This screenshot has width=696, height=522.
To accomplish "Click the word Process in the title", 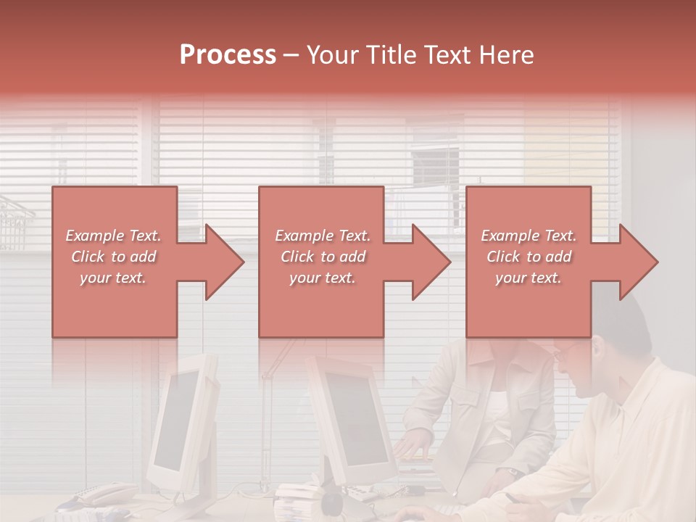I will [x=228, y=55].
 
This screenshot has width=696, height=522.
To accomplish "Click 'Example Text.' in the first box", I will [x=113, y=236].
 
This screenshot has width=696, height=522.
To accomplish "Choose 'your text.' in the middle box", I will [x=322, y=278].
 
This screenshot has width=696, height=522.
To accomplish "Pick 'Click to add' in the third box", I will [x=529, y=257].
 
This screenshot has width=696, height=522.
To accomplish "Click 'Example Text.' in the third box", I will [x=529, y=236].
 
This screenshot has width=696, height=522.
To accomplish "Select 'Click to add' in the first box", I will [x=113, y=257].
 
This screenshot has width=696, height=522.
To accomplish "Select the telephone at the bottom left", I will [x=101, y=494].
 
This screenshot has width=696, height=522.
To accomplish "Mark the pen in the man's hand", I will [x=511, y=498].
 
